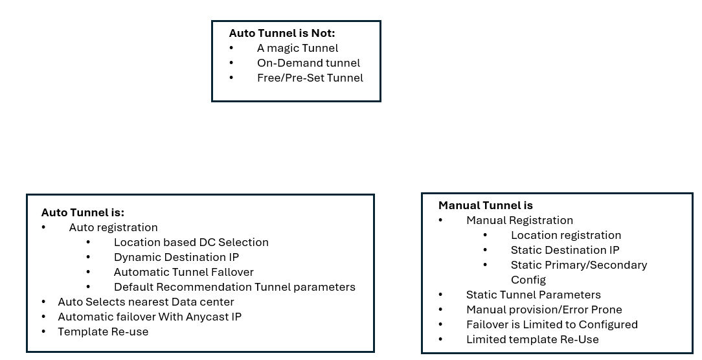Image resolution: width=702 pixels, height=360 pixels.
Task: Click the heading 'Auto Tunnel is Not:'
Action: [x=282, y=33]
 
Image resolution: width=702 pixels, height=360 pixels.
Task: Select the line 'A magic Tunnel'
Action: [x=298, y=48]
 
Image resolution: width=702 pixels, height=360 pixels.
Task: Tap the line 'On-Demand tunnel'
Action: [x=308, y=63]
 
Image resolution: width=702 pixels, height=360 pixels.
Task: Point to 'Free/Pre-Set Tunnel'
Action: [x=310, y=78]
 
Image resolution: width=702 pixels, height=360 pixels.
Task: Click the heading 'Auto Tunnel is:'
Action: [x=83, y=212]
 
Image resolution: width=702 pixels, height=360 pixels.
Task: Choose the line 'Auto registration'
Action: [x=113, y=227]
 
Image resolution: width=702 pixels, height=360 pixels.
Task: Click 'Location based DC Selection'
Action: [x=191, y=242]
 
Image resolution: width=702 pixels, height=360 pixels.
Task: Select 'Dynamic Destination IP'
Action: [x=176, y=258]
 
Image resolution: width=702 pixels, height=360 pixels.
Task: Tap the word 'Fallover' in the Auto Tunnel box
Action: [x=232, y=272]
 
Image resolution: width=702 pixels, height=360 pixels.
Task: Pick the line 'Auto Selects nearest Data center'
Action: [x=146, y=302]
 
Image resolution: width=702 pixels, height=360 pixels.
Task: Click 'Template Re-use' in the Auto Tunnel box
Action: [x=103, y=332]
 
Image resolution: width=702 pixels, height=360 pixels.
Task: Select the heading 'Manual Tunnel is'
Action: [x=486, y=205]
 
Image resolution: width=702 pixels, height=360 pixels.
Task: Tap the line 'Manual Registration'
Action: [x=520, y=220]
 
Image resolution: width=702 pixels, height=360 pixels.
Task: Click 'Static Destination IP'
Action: [x=565, y=250]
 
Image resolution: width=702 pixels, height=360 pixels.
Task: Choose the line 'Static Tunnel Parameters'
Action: [x=534, y=295]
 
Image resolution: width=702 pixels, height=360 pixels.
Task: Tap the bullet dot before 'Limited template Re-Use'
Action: [x=440, y=339]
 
